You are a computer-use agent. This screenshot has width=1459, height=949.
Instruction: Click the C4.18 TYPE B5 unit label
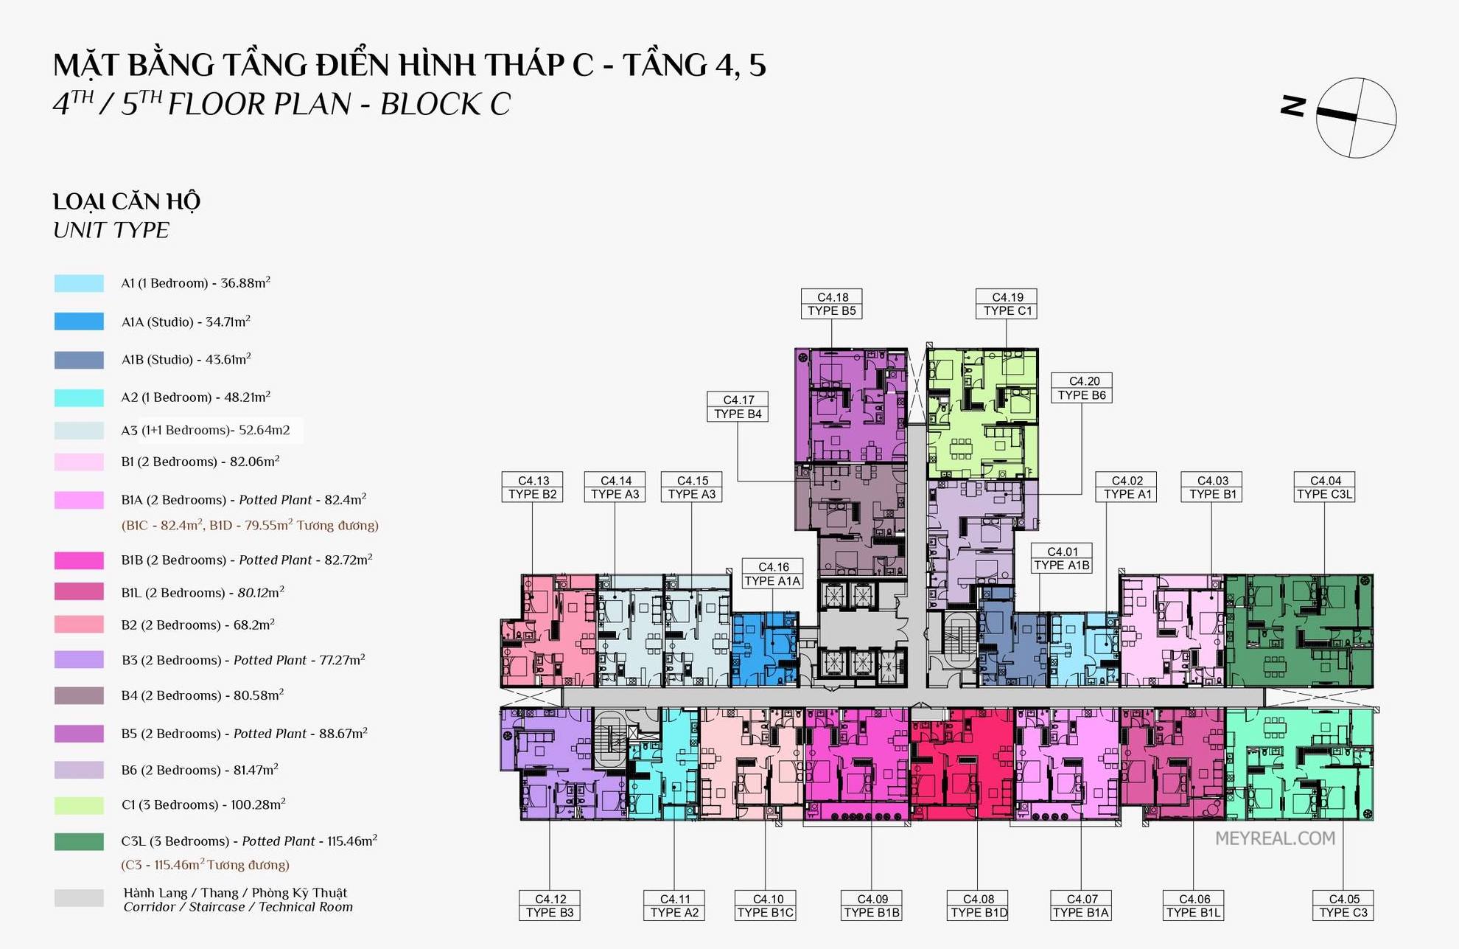pyautogui.click(x=831, y=304)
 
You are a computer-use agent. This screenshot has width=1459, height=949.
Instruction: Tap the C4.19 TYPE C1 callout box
pyautogui.click(x=1007, y=304)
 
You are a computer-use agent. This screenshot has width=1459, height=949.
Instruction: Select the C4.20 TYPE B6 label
pyautogui.click(x=1082, y=388)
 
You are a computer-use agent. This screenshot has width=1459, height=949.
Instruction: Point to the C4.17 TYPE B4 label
pyautogui.click(x=738, y=407)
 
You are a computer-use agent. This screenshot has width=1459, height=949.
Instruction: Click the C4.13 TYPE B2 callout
pyautogui.click(x=532, y=487)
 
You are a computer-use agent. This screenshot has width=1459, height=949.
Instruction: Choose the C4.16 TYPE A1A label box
pyautogui.click(x=772, y=574)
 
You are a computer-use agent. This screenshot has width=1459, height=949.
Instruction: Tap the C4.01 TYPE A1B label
pyautogui.click(x=1062, y=558)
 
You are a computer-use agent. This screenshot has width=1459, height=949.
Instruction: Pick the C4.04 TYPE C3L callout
pyautogui.click(x=1324, y=487)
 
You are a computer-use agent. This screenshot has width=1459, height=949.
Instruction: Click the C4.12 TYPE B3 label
pyautogui.click(x=550, y=905)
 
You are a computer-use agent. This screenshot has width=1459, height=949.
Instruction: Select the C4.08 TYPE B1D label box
pyautogui.click(x=978, y=905)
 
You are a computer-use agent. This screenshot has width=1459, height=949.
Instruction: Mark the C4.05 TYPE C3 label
pyautogui.click(x=1343, y=905)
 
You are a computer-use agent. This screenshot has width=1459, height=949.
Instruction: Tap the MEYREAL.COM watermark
pyautogui.click(x=1275, y=838)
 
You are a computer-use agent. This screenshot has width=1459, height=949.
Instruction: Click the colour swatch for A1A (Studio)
pyautogui.click(x=79, y=321)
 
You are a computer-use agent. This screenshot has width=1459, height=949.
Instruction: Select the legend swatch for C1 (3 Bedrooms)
pyautogui.click(x=79, y=805)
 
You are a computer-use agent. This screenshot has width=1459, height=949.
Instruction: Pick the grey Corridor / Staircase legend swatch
pyautogui.click(x=79, y=898)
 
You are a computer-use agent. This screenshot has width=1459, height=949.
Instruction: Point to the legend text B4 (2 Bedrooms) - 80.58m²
pyautogui.click(x=203, y=695)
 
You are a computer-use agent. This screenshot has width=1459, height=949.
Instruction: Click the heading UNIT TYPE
pyautogui.click(x=111, y=230)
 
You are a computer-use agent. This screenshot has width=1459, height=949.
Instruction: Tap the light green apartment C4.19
pyautogui.click(x=982, y=414)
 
